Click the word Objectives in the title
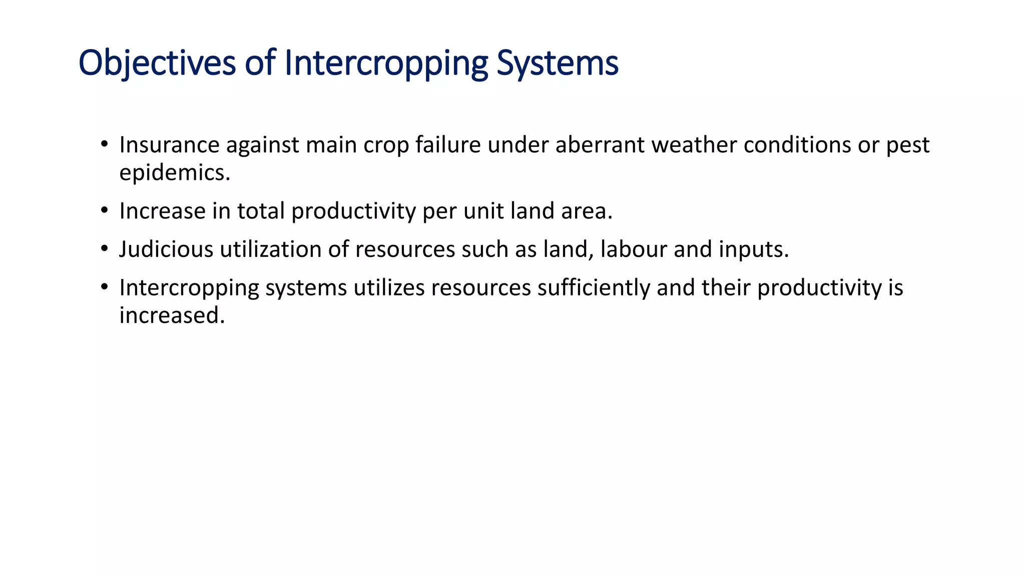tap(157, 63)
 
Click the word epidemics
tap(174, 173)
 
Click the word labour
tap(634, 249)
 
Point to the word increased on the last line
tap(172, 316)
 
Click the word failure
tap(448, 145)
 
